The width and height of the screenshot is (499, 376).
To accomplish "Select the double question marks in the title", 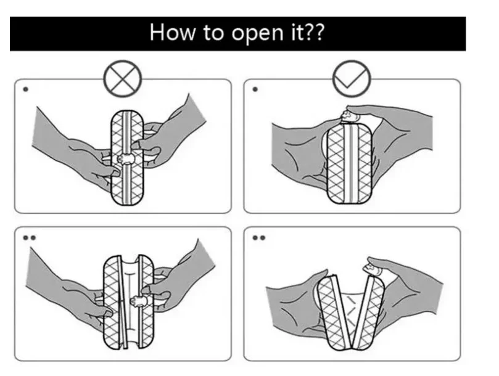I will (315, 33).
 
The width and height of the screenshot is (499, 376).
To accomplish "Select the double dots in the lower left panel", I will (28, 236).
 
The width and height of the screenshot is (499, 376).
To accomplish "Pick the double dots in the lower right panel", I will (258, 236).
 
